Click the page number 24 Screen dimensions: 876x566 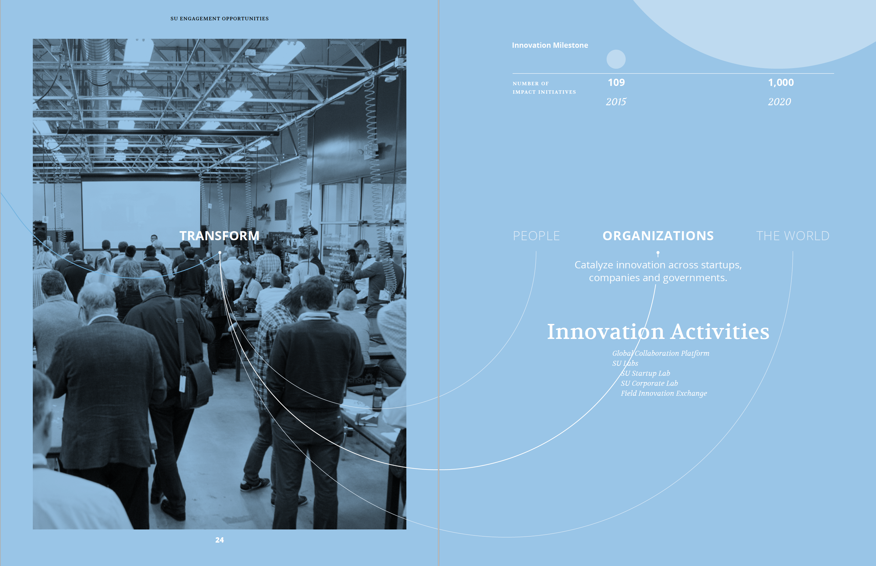coord(219,540)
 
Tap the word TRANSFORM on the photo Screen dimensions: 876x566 coord(219,236)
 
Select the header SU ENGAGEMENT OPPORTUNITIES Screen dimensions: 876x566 coord(219,19)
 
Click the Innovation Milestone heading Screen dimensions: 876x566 coord(550,45)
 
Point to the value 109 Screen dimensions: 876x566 coord(616,82)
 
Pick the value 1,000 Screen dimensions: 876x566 coord(781,83)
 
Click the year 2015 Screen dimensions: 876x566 coord(616,102)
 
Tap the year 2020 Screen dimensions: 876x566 coord(779,102)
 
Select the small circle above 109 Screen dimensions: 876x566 coord(616,59)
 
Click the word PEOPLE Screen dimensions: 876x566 coord(536,236)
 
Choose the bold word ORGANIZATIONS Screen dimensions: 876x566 coord(658,236)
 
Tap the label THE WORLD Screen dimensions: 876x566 coord(793,236)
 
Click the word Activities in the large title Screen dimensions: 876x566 coord(720,331)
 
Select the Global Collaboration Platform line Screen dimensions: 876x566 coord(660,353)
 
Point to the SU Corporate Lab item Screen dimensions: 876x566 coord(649,383)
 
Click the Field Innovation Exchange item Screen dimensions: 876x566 coord(664,393)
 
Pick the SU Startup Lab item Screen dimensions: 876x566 coord(645,373)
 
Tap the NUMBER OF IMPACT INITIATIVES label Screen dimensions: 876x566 coord(544,88)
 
